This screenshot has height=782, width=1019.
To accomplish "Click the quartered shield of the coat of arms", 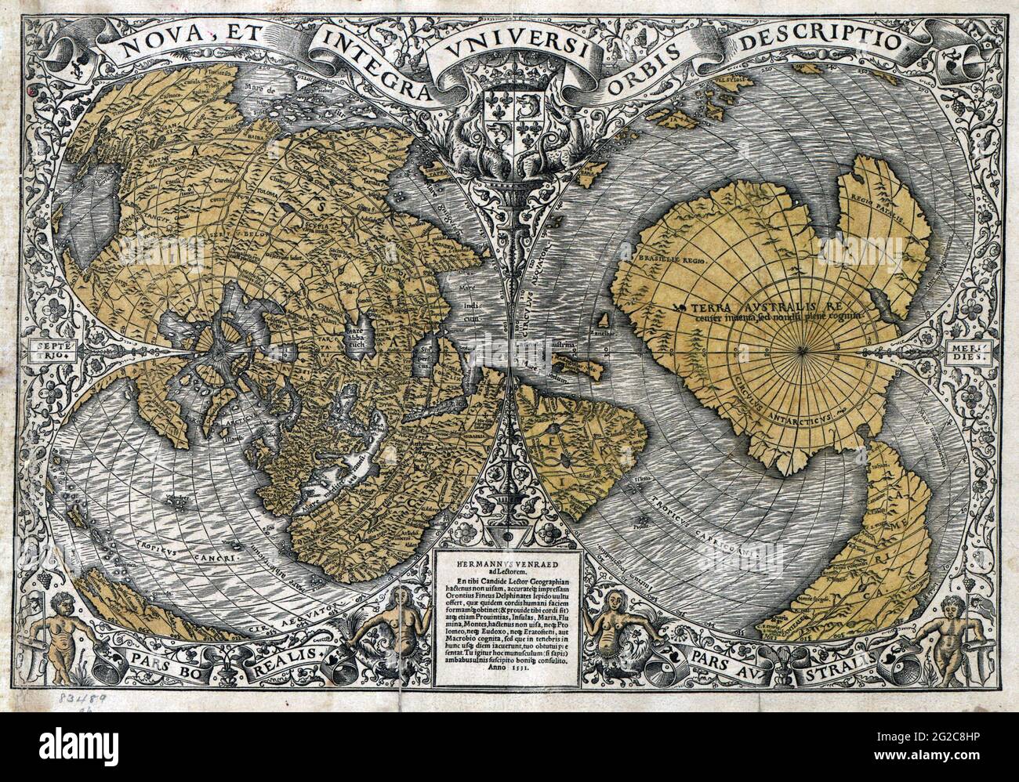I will point(509,118).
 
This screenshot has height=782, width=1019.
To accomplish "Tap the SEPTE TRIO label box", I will point(53,349).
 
